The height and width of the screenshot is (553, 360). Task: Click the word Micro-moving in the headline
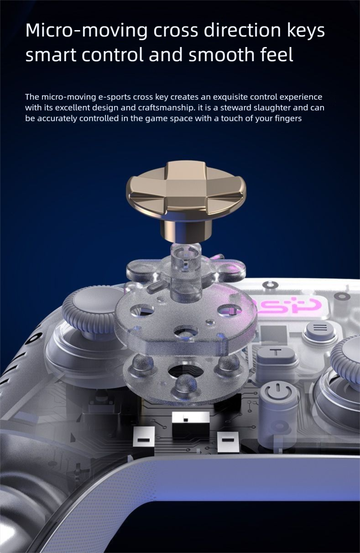click(x=86, y=31)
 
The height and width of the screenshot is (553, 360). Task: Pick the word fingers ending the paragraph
click(x=288, y=119)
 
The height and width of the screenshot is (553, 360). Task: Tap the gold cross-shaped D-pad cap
click(x=186, y=189)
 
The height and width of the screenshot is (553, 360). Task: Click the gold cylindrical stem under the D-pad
click(x=186, y=229)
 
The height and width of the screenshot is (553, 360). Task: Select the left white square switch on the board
click(x=144, y=439)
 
